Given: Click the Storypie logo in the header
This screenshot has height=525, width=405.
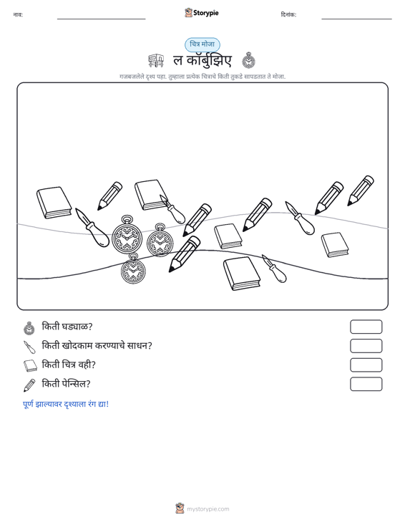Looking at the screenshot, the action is [x=202, y=13].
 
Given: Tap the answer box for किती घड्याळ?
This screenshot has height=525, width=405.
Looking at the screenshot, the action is [x=366, y=327].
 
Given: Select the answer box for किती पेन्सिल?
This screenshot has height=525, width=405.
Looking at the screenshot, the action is [x=366, y=384].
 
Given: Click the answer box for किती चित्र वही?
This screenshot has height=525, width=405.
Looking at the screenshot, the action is [x=366, y=365].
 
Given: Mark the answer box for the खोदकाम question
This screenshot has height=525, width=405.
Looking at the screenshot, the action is [x=366, y=346].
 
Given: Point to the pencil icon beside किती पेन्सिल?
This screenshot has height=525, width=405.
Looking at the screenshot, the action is [x=29, y=385].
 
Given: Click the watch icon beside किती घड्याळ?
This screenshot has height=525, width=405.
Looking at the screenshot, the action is [x=29, y=328].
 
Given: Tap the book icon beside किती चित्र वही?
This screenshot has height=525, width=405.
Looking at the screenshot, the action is [x=31, y=365].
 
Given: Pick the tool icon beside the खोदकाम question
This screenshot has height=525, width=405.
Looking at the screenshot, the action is [x=29, y=347].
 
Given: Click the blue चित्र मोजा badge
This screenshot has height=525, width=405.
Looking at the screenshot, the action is [x=202, y=44].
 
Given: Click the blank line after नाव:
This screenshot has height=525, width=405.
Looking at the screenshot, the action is [x=102, y=19].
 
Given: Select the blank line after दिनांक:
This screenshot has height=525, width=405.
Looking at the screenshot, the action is [x=356, y=19].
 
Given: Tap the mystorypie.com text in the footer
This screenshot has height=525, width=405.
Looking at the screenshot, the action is [x=208, y=509].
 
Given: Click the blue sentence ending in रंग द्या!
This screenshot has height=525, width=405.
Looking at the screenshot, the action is [x=66, y=404].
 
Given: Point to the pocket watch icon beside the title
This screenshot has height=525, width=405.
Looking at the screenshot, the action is [x=248, y=60].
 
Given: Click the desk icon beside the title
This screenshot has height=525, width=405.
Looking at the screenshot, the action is [x=156, y=61].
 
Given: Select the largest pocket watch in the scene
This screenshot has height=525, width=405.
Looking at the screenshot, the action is [x=127, y=235].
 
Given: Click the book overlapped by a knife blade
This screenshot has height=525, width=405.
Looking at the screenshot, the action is [x=150, y=195].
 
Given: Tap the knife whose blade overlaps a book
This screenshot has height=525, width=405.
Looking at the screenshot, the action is [x=172, y=209].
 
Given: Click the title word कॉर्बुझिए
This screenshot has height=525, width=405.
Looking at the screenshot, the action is [x=209, y=61].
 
